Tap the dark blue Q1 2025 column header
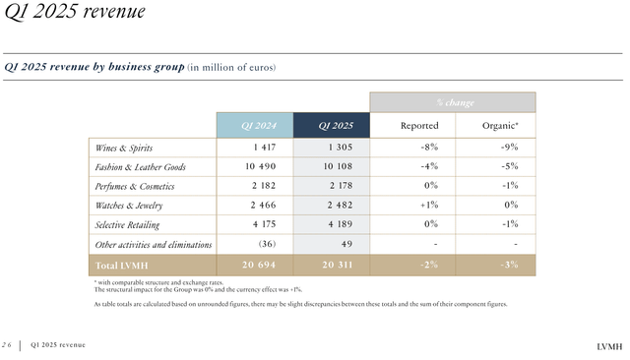point(335,125)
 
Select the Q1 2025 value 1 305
point(336,148)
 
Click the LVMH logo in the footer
point(610,346)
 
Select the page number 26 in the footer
point(8,344)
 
